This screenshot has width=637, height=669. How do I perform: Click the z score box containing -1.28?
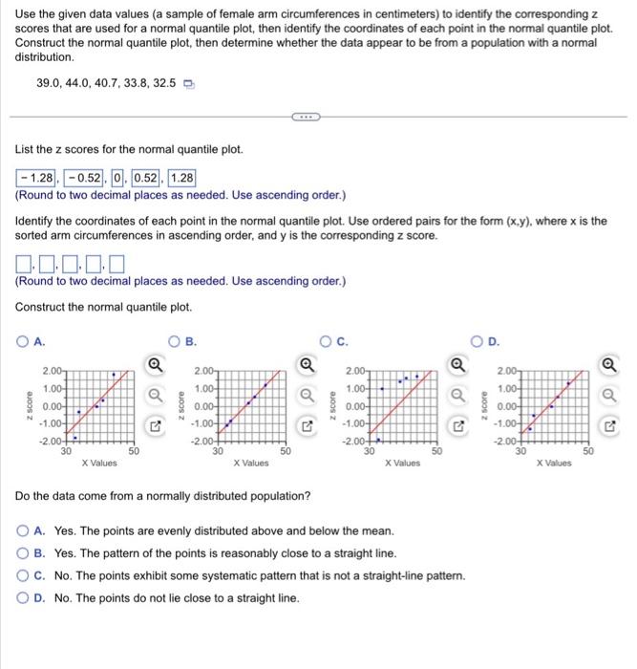click(x=36, y=178)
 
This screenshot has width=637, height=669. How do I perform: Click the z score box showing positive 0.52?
click(x=146, y=178)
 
